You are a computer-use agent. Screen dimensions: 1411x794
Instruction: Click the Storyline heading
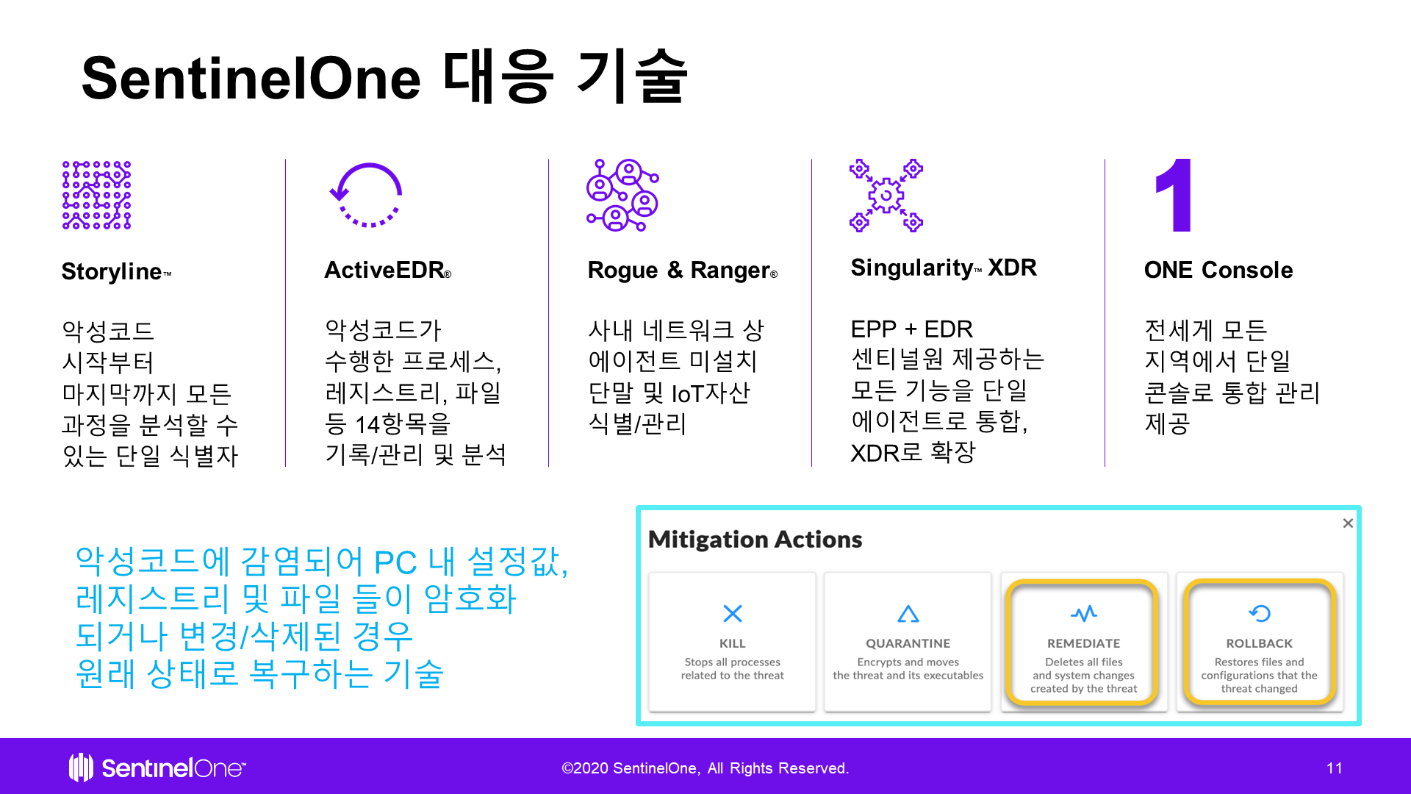tap(116, 271)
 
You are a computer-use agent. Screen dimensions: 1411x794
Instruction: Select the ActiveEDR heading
tap(388, 270)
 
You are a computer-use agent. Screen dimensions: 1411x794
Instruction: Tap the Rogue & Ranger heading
tap(683, 271)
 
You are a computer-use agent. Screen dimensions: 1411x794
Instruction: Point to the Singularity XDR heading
tap(944, 268)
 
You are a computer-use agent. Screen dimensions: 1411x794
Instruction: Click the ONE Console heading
tap(1218, 270)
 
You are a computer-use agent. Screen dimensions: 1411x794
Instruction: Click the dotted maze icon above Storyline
tap(97, 196)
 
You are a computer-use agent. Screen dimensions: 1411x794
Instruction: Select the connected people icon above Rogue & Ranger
tap(622, 196)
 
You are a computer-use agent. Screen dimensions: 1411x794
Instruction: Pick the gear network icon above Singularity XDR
tap(886, 196)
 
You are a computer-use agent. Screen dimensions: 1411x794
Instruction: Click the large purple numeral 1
tap(1174, 195)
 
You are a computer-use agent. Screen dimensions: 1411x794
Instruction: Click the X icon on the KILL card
tap(733, 613)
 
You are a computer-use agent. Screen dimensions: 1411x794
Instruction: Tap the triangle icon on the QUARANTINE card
tap(908, 613)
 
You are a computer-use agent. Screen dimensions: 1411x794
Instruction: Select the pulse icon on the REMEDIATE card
tap(1084, 613)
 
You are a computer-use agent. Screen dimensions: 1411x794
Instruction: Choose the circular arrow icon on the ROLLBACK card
tap(1260, 613)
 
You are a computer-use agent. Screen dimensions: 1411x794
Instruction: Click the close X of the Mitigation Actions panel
tap(1348, 523)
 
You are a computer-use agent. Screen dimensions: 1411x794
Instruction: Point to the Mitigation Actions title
tap(755, 540)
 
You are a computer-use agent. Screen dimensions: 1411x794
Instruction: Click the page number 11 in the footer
tap(1335, 768)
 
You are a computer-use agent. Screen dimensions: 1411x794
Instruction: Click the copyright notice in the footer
tap(705, 768)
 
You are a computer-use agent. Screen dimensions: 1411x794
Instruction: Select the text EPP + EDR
tap(912, 329)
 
